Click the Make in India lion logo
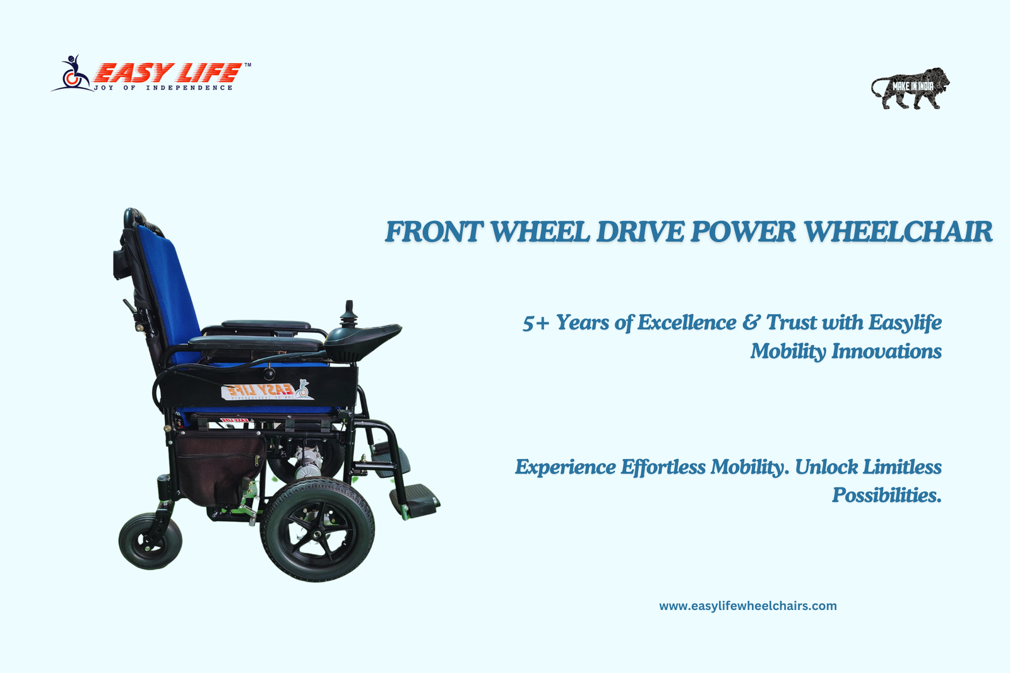click(x=910, y=88)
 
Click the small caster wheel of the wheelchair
click(x=150, y=541)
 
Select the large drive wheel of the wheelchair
click(x=318, y=530)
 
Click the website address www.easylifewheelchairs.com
click(x=747, y=606)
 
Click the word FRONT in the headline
click(x=434, y=231)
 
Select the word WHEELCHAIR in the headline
click(x=898, y=231)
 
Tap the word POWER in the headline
click(x=743, y=231)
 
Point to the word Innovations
click(x=886, y=351)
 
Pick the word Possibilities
click(x=886, y=496)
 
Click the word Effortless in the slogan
click(x=663, y=467)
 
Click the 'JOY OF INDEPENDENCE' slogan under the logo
click(x=163, y=88)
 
